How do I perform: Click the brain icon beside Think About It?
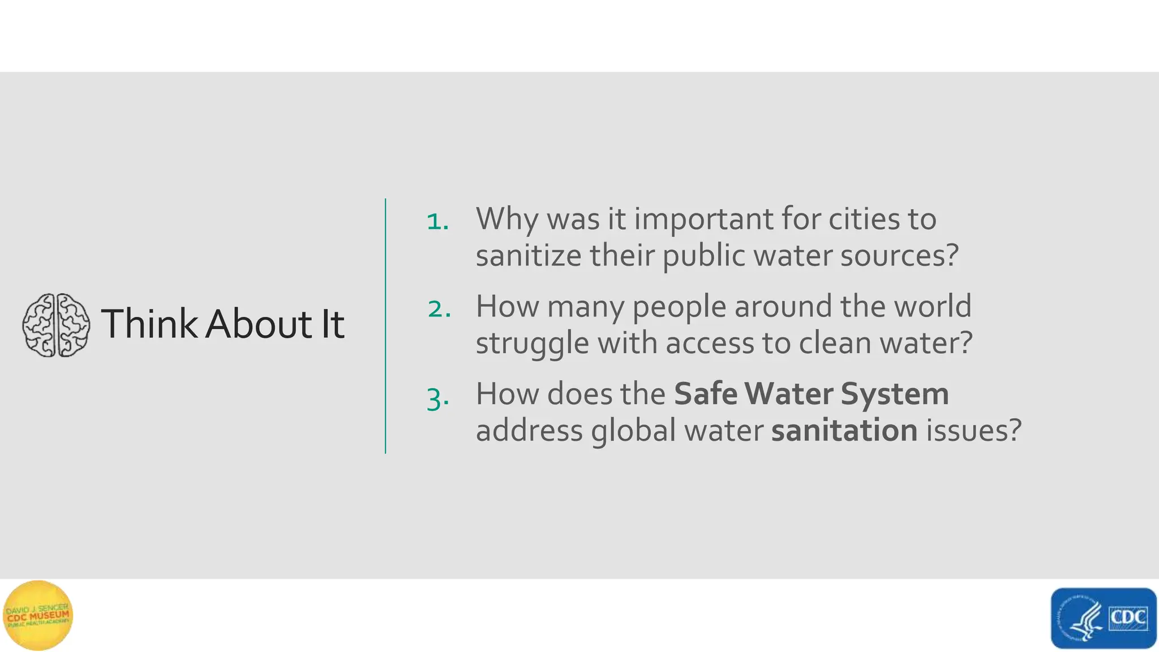point(56,325)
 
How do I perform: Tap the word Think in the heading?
point(149,324)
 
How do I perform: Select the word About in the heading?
point(258,324)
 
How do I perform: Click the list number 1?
point(437,221)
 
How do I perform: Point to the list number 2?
point(439,309)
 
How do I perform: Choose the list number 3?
point(438,398)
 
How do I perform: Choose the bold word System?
point(895,394)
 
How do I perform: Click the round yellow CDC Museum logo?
point(38,616)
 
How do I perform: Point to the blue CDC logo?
point(1103,618)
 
